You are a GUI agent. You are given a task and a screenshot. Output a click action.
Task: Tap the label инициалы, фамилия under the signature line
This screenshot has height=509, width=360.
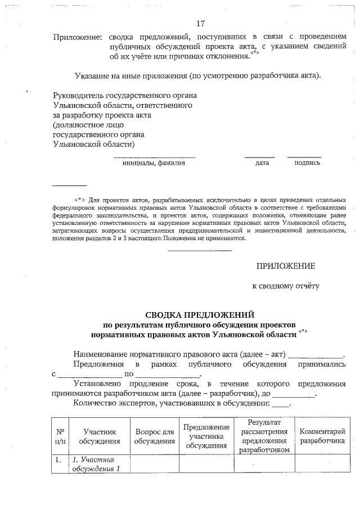pyautogui.click(x=154, y=163)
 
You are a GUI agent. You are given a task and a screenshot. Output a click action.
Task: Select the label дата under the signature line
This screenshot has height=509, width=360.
pyautogui.click(x=262, y=163)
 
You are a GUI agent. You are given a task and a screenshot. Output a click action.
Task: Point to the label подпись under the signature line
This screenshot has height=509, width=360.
pyautogui.click(x=307, y=163)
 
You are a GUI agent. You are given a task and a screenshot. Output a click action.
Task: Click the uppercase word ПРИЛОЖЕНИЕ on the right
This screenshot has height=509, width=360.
pyautogui.click(x=286, y=266)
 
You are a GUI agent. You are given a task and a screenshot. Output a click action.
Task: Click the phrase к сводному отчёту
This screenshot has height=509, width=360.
pyautogui.click(x=285, y=286)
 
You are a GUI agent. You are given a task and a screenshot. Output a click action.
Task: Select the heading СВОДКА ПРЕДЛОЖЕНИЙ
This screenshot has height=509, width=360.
pyautogui.click(x=200, y=314)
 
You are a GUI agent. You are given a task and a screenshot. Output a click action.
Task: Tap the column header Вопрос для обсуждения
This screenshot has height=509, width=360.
pyautogui.click(x=154, y=436)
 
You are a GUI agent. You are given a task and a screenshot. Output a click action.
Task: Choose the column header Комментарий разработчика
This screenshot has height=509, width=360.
pyautogui.click(x=322, y=436)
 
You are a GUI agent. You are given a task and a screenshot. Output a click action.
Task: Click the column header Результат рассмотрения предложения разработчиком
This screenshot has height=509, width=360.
pyautogui.click(x=264, y=436)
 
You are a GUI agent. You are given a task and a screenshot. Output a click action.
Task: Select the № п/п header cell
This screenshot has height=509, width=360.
pyautogui.click(x=60, y=436)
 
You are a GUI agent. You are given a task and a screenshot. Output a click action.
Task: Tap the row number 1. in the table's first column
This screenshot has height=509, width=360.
pyautogui.click(x=57, y=461)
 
